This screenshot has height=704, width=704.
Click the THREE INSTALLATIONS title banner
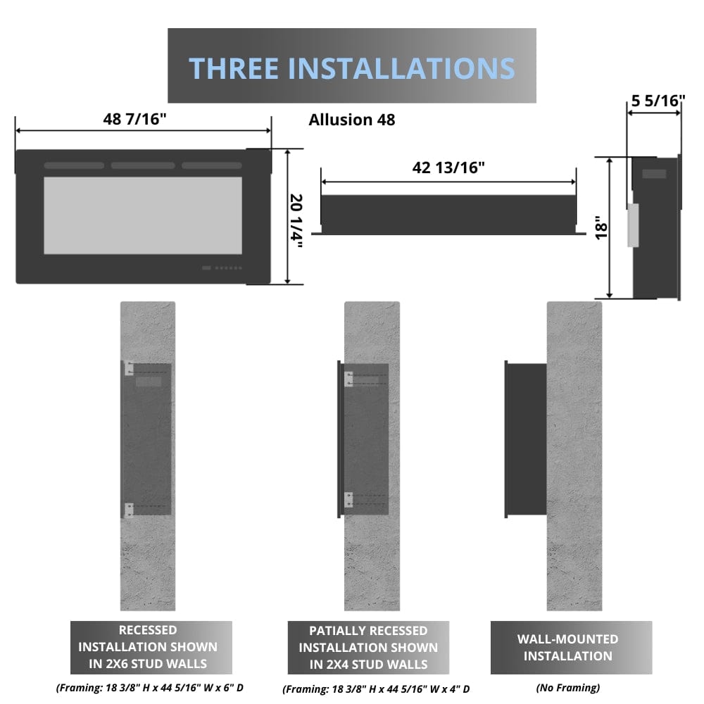(351, 68)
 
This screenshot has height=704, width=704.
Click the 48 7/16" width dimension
(134, 118)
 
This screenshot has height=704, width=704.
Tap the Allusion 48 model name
(352, 120)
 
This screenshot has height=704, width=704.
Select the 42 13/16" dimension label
(448, 168)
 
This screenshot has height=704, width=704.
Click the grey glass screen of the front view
(143, 215)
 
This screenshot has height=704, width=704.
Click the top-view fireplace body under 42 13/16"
(448, 214)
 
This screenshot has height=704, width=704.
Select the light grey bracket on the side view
(632, 225)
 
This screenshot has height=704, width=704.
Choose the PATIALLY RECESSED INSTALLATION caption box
(368, 647)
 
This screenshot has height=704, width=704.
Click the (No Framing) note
(567, 687)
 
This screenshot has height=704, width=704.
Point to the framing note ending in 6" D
(149, 687)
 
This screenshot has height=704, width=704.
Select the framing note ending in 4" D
(376, 689)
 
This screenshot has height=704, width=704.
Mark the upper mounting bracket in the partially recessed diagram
(348, 379)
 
